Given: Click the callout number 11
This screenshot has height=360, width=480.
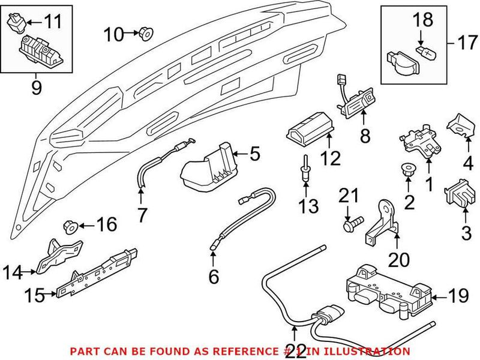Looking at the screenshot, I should coord(53,24).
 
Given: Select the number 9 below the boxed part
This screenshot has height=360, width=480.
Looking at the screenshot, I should coord(36,88).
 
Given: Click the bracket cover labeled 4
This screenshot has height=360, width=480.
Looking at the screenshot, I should coord(460,124).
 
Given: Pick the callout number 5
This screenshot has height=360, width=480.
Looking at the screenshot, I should coord(254,155).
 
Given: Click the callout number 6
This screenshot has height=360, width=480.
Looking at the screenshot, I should coord(213,276).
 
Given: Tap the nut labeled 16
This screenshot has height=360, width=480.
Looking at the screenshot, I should coord(69,227).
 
